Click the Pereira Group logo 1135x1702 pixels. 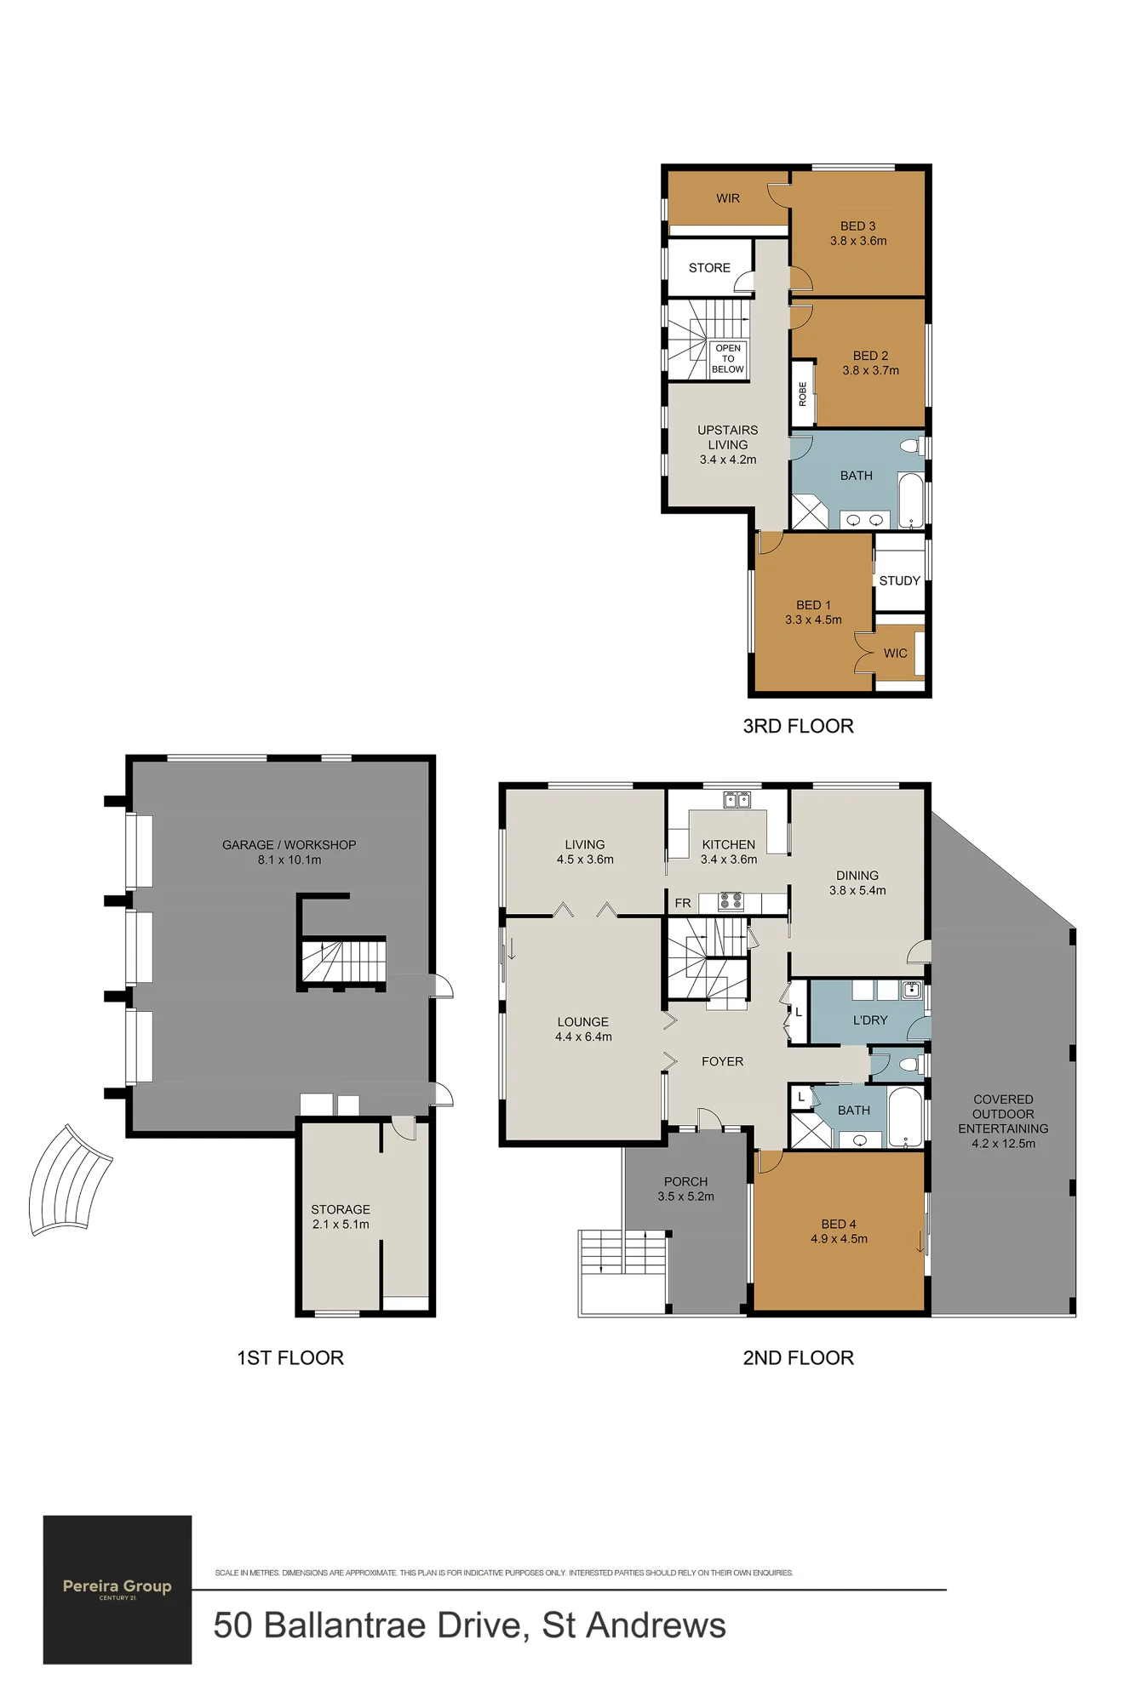coord(118,1589)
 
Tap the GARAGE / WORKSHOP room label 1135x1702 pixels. coord(289,845)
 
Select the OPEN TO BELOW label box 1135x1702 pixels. coord(728,359)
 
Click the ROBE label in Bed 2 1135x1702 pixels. coord(802,394)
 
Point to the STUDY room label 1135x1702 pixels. coord(899,580)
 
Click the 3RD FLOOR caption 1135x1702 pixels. coord(798,726)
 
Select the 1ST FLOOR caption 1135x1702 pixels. coord(290,1357)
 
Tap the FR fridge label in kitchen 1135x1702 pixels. coord(683,903)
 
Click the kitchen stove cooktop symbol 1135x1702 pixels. coord(731,901)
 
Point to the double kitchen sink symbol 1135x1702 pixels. coord(737,799)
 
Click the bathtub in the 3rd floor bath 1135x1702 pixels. coord(911,501)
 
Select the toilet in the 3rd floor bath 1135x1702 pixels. coord(912,445)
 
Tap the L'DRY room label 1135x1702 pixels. coord(870,1019)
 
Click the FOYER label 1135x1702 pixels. coord(722,1061)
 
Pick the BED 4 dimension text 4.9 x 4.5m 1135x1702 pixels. coord(839,1239)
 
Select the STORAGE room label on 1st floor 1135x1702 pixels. coord(341,1209)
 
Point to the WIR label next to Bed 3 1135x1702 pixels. coord(728,198)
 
